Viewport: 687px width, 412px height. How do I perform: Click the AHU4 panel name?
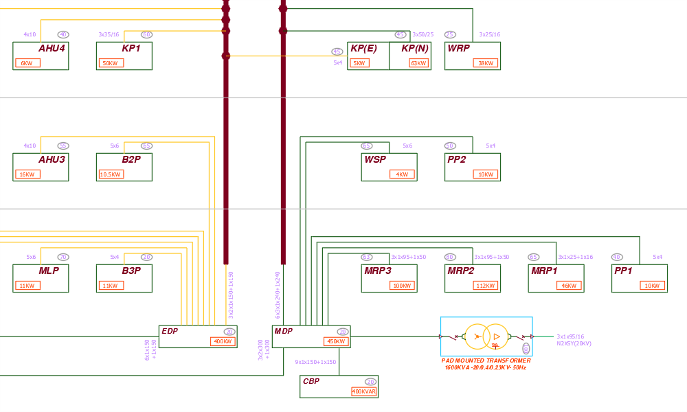click(x=52, y=48)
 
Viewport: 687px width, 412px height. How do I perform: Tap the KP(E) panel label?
click(x=363, y=48)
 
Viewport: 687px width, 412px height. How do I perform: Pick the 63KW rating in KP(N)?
click(x=418, y=63)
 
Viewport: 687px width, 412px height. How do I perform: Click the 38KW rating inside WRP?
click(x=485, y=63)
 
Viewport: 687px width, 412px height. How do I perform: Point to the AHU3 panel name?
click(x=52, y=159)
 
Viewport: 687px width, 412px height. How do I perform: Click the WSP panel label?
click(x=375, y=159)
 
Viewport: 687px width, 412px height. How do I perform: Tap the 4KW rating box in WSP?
click(x=401, y=174)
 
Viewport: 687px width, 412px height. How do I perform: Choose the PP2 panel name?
click(x=456, y=159)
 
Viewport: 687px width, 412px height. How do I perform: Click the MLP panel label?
click(x=49, y=271)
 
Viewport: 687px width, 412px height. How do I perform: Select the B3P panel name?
click(x=131, y=271)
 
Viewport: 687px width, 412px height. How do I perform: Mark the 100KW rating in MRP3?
click(x=401, y=286)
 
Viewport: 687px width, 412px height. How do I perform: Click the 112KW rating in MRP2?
click(x=485, y=286)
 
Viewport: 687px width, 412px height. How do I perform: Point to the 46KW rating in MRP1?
click(x=569, y=286)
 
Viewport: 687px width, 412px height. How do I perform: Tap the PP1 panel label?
click(x=623, y=271)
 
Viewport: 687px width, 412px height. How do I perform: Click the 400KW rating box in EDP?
click(x=223, y=341)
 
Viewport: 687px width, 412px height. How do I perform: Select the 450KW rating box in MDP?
click(x=336, y=341)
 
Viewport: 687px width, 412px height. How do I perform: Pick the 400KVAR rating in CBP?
click(x=364, y=391)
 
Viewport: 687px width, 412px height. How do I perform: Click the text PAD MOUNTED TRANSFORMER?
click(x=486, y=360)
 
